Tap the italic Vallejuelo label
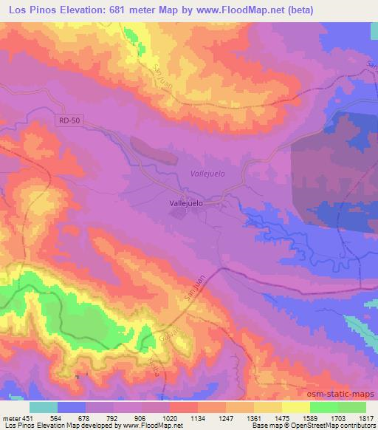click(207, 173)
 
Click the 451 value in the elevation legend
click(27, 418)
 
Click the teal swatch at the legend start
click(44, 407)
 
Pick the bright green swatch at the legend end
click(352, 407)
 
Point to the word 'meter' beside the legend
click(10, 418)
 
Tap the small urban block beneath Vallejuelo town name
click(181, 214)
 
